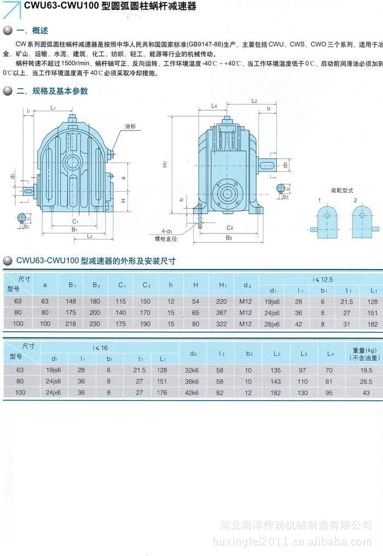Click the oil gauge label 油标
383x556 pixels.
click(x=130, y=126)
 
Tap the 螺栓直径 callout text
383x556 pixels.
click(x=166, y=239)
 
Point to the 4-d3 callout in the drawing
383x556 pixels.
click(x=167, y=231)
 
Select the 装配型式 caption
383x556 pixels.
click(x=341, y=191)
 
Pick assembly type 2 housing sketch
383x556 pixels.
click(x=361, y=220)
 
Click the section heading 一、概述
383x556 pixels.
click(x=33, y=30)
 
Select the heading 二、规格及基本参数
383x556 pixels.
click(x=52, y=91)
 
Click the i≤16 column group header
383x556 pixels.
click(x=100, y=347)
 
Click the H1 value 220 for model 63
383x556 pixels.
click(x=222, y=302)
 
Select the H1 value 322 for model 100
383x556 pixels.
click(x=222, y=324)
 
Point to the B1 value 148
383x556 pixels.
click(x=72, y=302)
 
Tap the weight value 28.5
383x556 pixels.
click(x=365, y=381)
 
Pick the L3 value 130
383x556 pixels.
click(x=302, y=393)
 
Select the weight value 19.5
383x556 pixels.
click(x=365, y=370)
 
